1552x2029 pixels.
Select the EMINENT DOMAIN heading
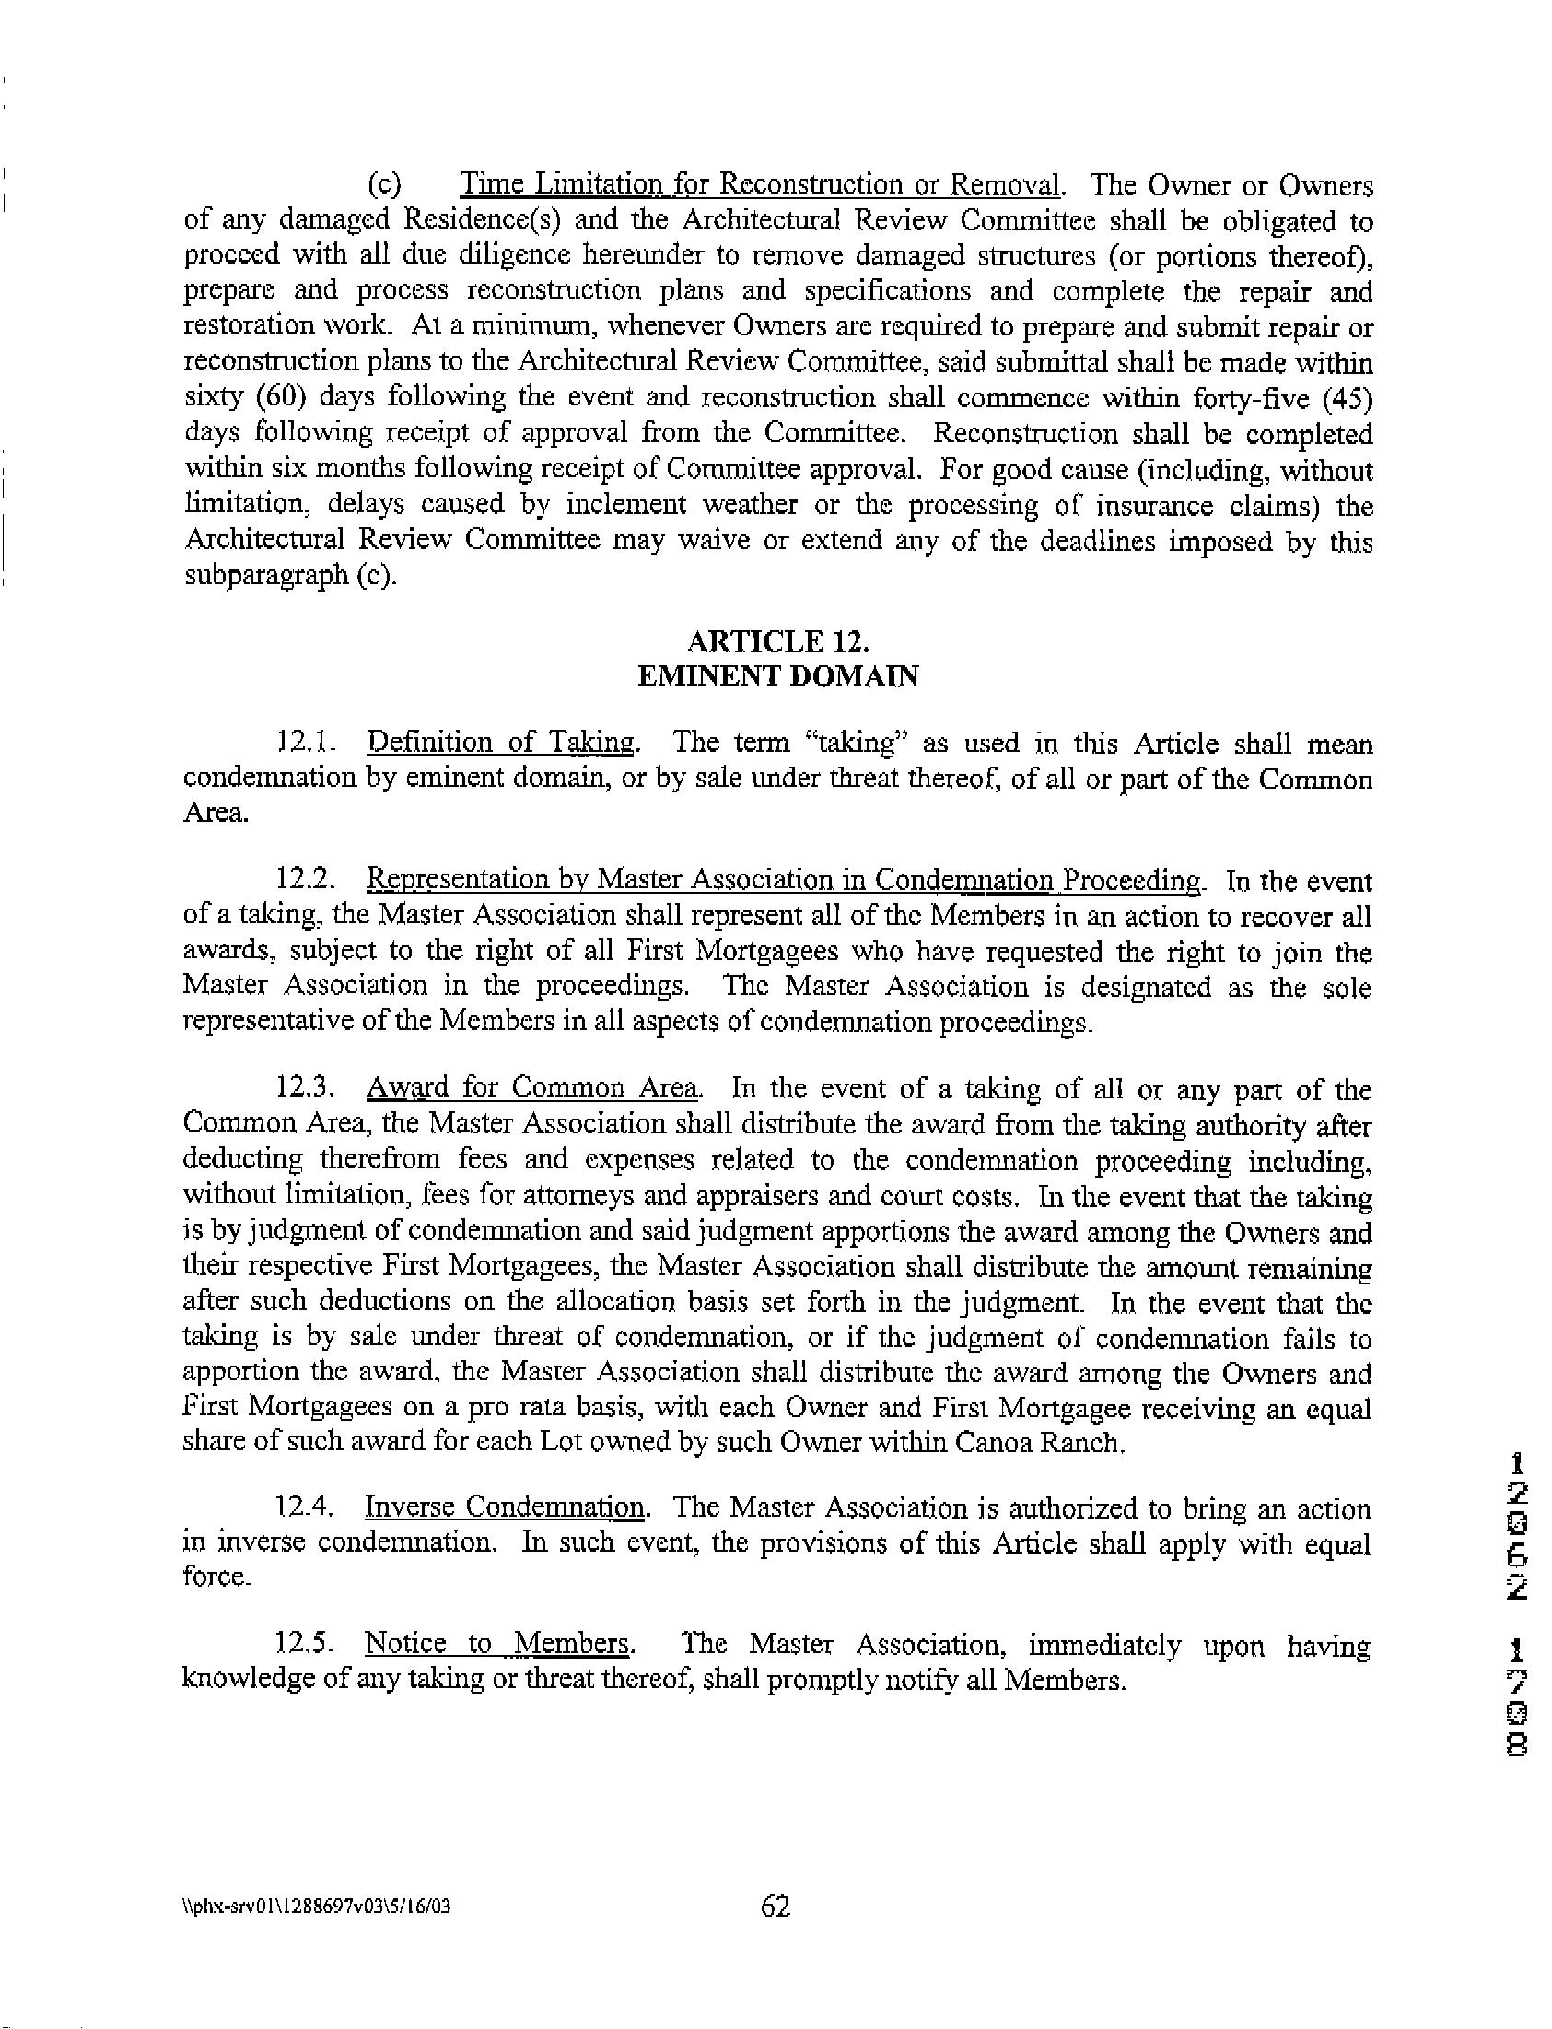778,676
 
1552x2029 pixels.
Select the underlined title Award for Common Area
533,1088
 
